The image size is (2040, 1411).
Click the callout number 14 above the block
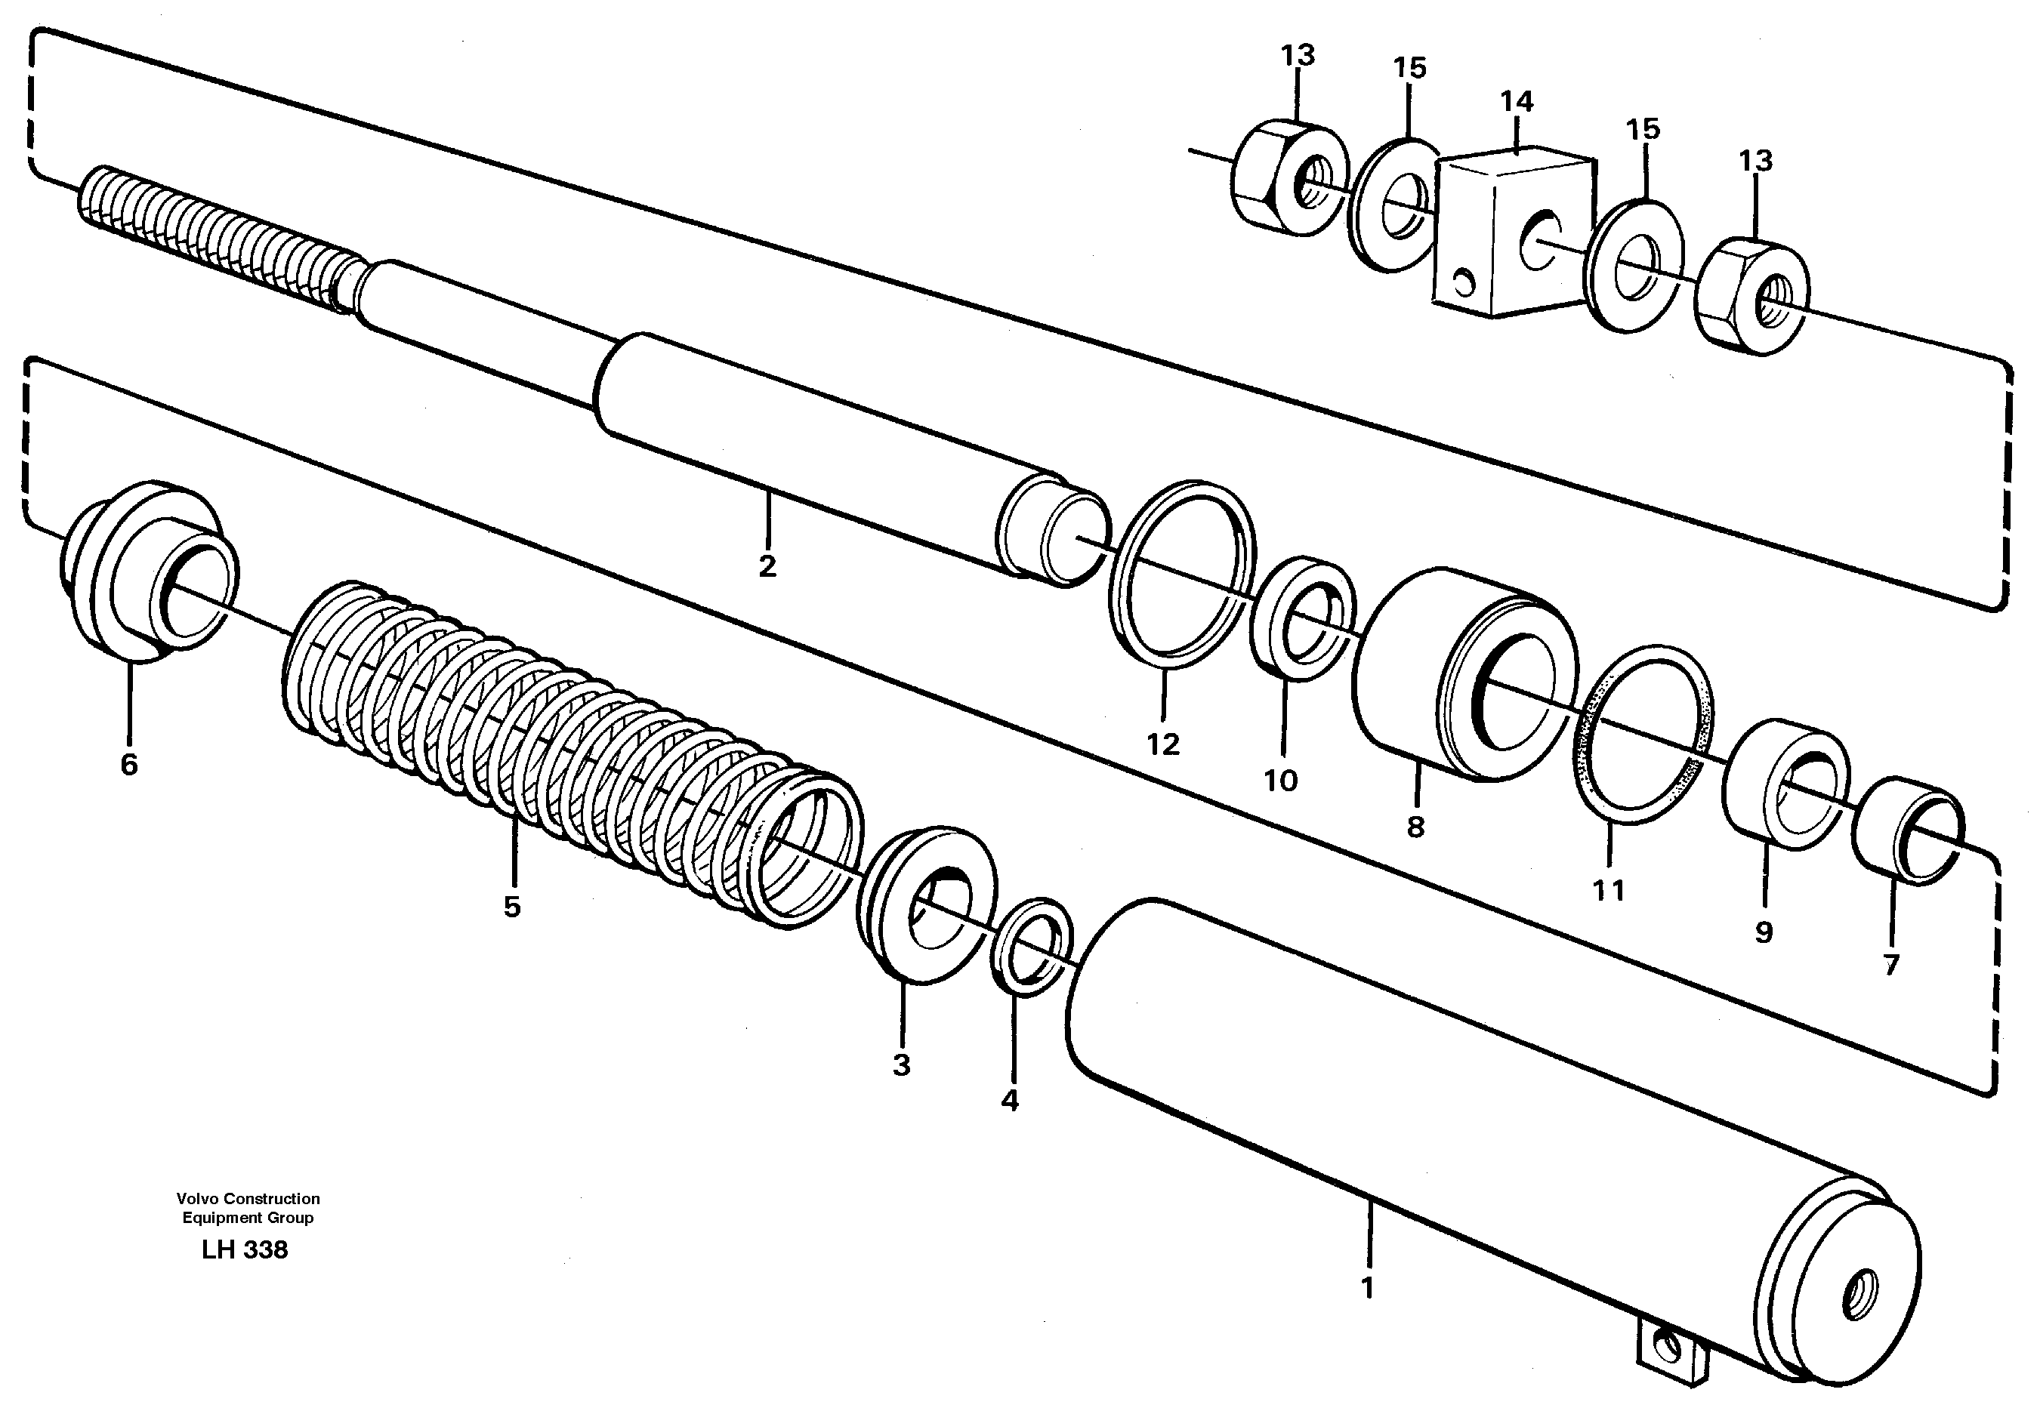coord(1517,102)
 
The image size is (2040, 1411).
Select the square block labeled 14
coord(1508,234)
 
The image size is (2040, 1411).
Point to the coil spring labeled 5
coord(566,751)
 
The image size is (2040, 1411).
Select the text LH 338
coord(245,1250)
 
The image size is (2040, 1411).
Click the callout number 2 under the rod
coord(767,565)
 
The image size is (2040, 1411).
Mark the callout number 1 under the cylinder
coord(1368,1287)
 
